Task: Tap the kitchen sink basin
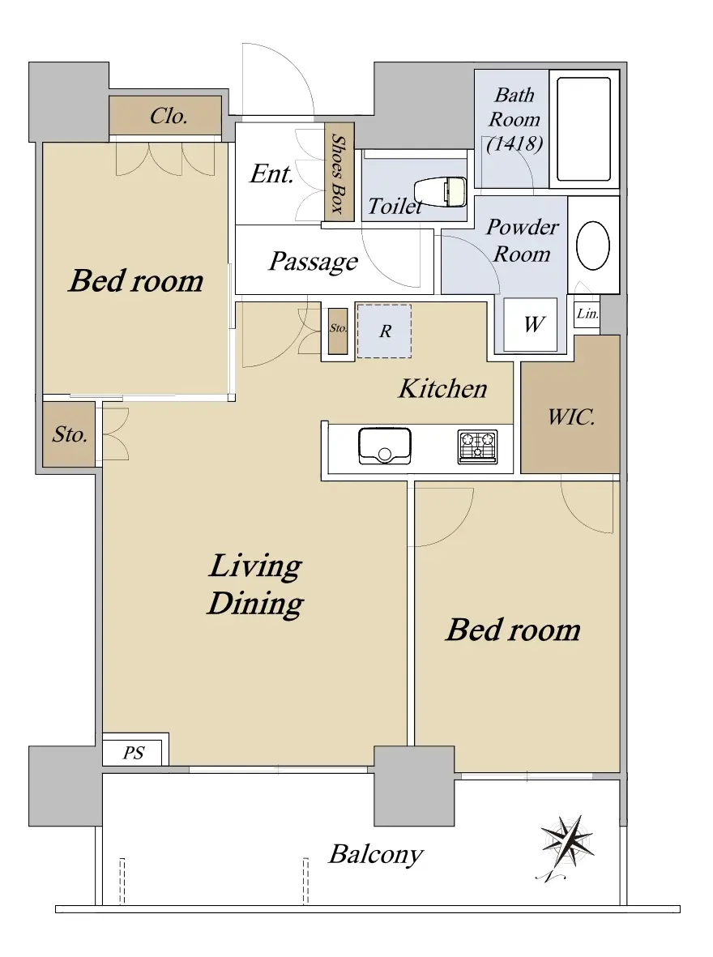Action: pyautogui.click(x=385, y=446)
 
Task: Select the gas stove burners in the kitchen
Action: pyautogui.click(x=477, y=446)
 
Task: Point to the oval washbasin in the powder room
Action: pyautogui.click(x=593, y=245)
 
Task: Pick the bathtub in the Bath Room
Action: pyautogui.click(x=583, y=130)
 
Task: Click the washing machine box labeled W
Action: pyautogui.click(x=530, y=324)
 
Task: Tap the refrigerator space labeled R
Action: pyautogui.click(x=384, y=331)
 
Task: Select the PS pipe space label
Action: pyautogui.click(x=133, y=753)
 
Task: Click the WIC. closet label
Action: pyautogui.click(x=570, y=417)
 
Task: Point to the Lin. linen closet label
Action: pyautogui.click(x=587, y=314)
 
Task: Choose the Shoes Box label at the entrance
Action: pyautogui.click(x=339, y=174)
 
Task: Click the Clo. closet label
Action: pyautogui.click(x=169, y=115)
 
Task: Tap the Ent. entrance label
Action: pyautogui.click(x=271, y=174)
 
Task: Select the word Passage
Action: pyautogui.click(x=314, y=262)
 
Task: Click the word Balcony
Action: pyautogui.click(x=375, y=854)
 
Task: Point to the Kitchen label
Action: pyautogui.click(x=442, y=388)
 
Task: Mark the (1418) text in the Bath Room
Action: pyautogui.click(x=514, y=143)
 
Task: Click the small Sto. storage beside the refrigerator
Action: pyautogui.click(x=338, y=331)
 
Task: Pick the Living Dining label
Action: pyautogui.click(x=255, y=585)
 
